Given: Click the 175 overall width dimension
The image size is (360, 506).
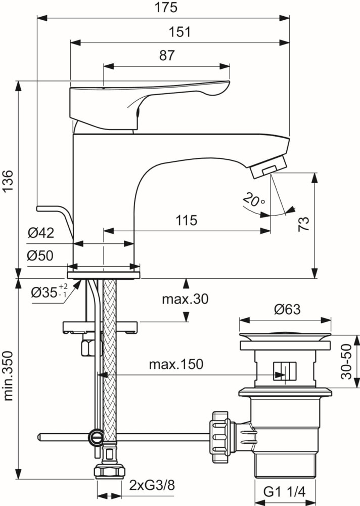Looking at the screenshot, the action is tap(166, 8).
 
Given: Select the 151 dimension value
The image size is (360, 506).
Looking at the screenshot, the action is tap(179, 32).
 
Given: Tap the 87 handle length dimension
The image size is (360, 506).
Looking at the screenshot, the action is tap(167, 56).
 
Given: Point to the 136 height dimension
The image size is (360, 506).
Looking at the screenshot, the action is tap(8, 181).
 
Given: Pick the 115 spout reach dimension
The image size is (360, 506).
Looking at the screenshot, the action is tap(186, 221).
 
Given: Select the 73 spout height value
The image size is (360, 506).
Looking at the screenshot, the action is tap(303, 224).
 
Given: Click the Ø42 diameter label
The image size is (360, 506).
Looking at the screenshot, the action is tap(41, 233).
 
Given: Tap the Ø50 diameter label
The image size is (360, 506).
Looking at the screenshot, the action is tap(40, 256).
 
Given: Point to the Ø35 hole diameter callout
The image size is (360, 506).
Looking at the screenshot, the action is tap(50, 291).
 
